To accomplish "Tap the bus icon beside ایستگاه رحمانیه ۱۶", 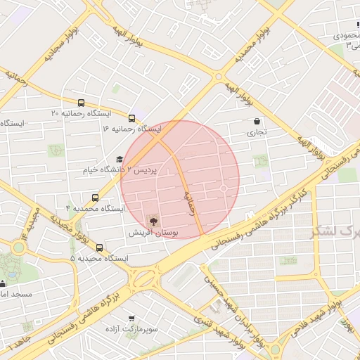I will pos(132,117).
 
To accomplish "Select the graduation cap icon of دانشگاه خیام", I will pos(119,160).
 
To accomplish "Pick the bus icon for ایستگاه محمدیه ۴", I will pos(96,198).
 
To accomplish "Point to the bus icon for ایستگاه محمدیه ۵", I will pos(99,247).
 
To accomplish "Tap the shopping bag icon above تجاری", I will pos(256,121).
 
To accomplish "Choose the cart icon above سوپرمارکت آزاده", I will pos(131,318).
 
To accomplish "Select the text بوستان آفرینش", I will pos(155,232).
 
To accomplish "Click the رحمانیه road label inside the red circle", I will pos(189,202).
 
